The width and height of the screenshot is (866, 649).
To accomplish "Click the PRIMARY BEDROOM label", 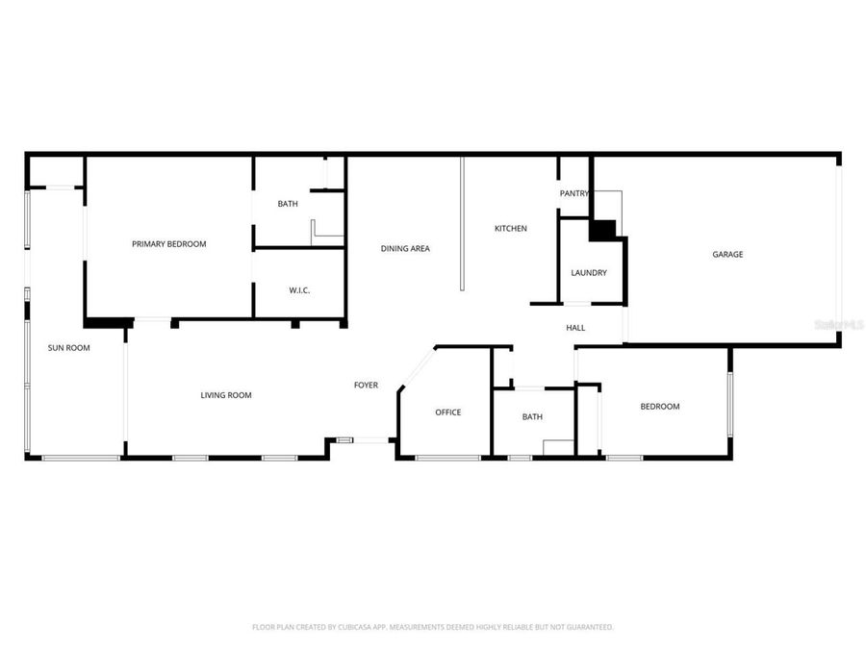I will coord(168,244).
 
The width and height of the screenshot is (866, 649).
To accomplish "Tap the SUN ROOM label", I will coord(68,348).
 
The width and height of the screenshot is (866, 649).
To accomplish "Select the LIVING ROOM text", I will coord(226,395).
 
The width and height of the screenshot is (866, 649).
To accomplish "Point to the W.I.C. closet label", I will coord(299,290).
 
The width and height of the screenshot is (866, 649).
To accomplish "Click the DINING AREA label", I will coord(405,249).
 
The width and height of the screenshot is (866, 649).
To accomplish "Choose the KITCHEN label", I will coord(510,229).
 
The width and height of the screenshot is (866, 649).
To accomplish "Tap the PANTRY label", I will coord(573,194).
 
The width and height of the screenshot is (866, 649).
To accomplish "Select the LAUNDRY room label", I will coord(588,273).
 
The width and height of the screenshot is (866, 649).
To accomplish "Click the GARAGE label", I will coord(727,255).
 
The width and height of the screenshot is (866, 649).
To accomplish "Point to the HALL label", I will coord(575,328).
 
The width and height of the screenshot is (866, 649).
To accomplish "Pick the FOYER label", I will coord(366,386).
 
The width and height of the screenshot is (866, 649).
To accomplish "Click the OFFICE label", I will coord(447,412).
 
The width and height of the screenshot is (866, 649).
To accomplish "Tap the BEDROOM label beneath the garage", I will coord(660,407).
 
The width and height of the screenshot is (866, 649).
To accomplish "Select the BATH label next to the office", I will coord(532,417).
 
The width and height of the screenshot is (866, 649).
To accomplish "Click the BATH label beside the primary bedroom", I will coord(288,204).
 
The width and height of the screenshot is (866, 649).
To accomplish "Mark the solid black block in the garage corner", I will coord(602,231).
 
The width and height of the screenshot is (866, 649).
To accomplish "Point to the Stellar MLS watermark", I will coord(838,326).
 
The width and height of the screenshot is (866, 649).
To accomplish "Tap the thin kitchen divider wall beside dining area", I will coord(462,223).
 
